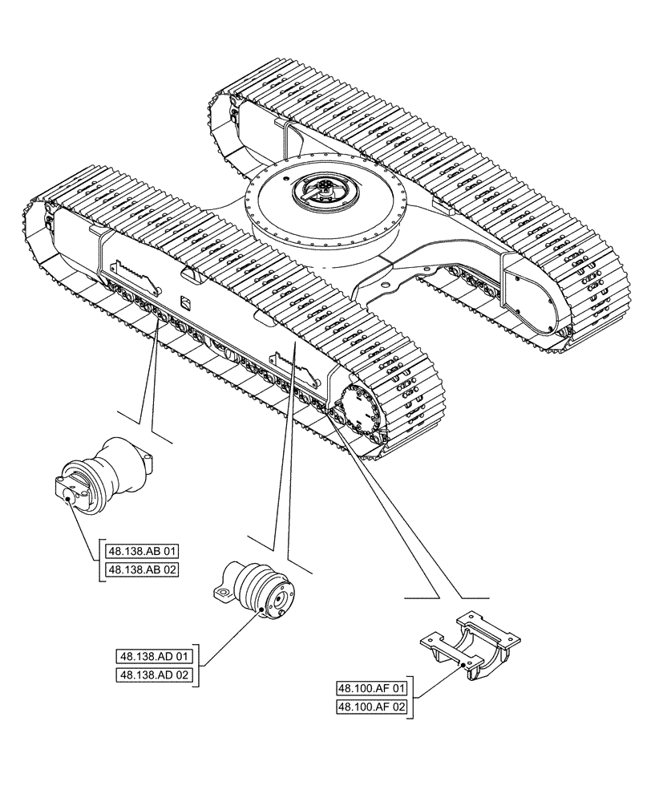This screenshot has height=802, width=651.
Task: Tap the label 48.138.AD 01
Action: pyautogui.click(x=156, y=657)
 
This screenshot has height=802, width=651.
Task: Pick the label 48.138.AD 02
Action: pyautogui.click(x=156, y=675)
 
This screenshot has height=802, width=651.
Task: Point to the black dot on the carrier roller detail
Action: pyautogui.click(x=263, y=614)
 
